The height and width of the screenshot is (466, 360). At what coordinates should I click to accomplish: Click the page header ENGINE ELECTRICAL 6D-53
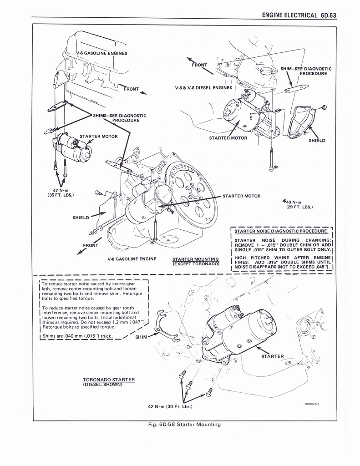(x=299, y=15)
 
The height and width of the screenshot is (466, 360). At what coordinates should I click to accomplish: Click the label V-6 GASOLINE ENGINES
(x=101, y=53)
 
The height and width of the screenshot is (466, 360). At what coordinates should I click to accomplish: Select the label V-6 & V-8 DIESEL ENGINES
(x=203, y=88)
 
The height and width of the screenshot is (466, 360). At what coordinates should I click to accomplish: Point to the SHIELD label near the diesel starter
(x=317, y=141)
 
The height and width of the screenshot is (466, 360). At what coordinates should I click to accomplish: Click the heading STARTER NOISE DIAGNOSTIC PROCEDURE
(x=281, y=231)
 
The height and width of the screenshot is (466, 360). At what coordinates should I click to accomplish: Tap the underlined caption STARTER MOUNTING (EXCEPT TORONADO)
(x=196, y=261)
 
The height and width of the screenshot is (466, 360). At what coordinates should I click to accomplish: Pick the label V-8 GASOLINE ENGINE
(x=132, y=259)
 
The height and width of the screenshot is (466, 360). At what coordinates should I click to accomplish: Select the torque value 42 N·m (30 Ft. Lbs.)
(x=170, y=406)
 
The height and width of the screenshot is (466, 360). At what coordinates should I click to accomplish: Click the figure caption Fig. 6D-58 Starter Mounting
(x=181, y=425)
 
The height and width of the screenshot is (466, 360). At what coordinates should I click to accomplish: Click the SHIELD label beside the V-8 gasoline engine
(x=81, y=217)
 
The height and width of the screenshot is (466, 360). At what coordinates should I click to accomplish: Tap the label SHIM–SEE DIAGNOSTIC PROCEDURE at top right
(x=306, y=71)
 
